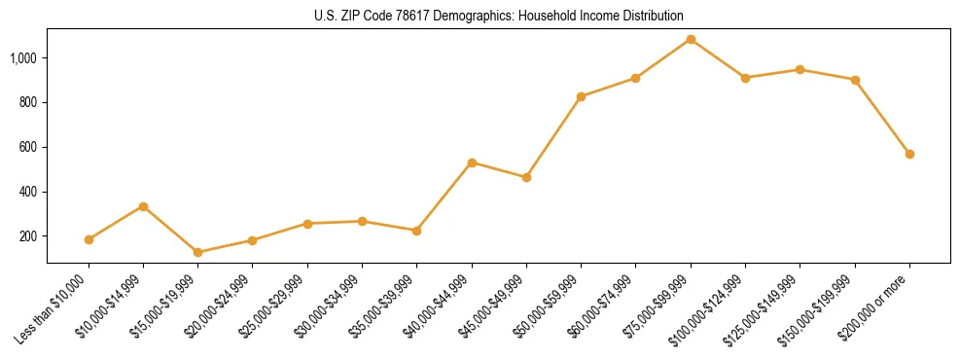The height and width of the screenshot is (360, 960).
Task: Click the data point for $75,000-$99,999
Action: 691,40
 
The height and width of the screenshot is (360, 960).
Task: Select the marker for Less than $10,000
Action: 89,239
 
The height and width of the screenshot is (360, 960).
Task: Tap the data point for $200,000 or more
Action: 909,154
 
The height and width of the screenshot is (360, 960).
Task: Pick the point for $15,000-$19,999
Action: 198,252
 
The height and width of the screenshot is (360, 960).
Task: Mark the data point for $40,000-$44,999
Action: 472,162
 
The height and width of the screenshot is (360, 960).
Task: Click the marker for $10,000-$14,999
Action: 143,206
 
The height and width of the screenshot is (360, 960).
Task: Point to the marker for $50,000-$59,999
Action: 581,96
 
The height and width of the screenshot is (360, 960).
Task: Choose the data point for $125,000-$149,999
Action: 800,70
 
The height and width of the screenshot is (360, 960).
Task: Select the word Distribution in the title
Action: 651,17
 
